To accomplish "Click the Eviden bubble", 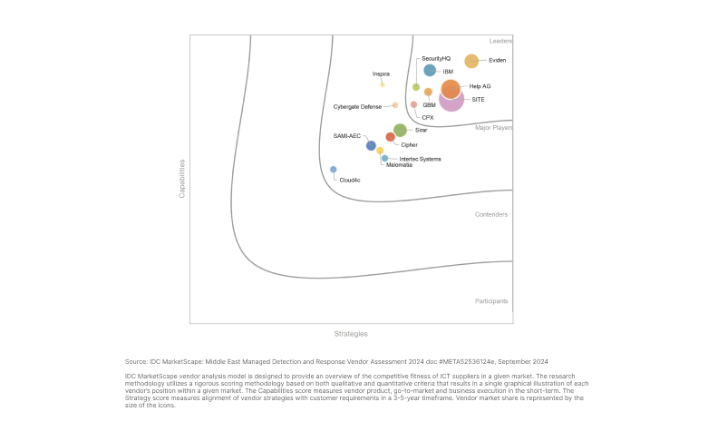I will tap(471, 61).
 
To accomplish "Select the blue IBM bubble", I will tap(430, 70).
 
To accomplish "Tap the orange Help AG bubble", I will tap(451, 89).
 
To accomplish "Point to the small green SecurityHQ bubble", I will tap(416, 87).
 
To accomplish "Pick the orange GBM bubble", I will tap(428, 92).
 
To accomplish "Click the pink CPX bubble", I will tap(413, 104).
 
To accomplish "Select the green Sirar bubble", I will tap(400, 130).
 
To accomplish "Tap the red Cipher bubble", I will tap(390, 137).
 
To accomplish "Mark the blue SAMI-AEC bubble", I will tap(371, 145).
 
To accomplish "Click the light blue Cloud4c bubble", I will tap(334, 170).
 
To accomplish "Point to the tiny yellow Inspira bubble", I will tap(383, 84).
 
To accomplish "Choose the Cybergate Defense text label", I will tap(357, 106).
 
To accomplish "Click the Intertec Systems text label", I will tap(420, 159).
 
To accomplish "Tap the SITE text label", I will tap(478, 99).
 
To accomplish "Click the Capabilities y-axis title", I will tap(182, 179).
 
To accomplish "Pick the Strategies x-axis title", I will tap(351, 334).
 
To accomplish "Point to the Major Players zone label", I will tap(493, 128).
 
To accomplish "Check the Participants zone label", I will tap(491, 300).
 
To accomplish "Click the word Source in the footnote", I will tap(136, 361).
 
